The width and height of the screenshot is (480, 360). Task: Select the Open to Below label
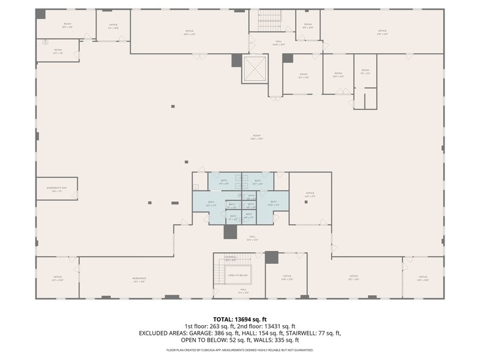[x=238, y=276]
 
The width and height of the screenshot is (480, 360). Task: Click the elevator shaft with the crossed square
[x=255, y=70]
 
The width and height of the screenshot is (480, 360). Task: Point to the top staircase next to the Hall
[x=268, y=21]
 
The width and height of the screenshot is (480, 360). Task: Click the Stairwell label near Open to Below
[x=230, y=258]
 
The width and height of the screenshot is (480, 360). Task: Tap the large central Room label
[x=256, y=137]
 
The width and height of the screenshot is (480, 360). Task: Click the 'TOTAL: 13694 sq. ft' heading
[x=239, y=319]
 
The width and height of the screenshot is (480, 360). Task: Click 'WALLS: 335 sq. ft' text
[x=279, y=340]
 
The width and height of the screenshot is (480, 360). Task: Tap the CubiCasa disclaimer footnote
[x=239, y=350]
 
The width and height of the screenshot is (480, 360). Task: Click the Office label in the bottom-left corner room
[x=58, y=278]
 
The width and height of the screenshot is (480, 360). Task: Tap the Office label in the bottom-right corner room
[x=422, y=279]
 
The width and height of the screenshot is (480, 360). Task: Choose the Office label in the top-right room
[x=382, y=32]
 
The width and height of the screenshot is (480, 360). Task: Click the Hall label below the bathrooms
[x=252, y=238]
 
